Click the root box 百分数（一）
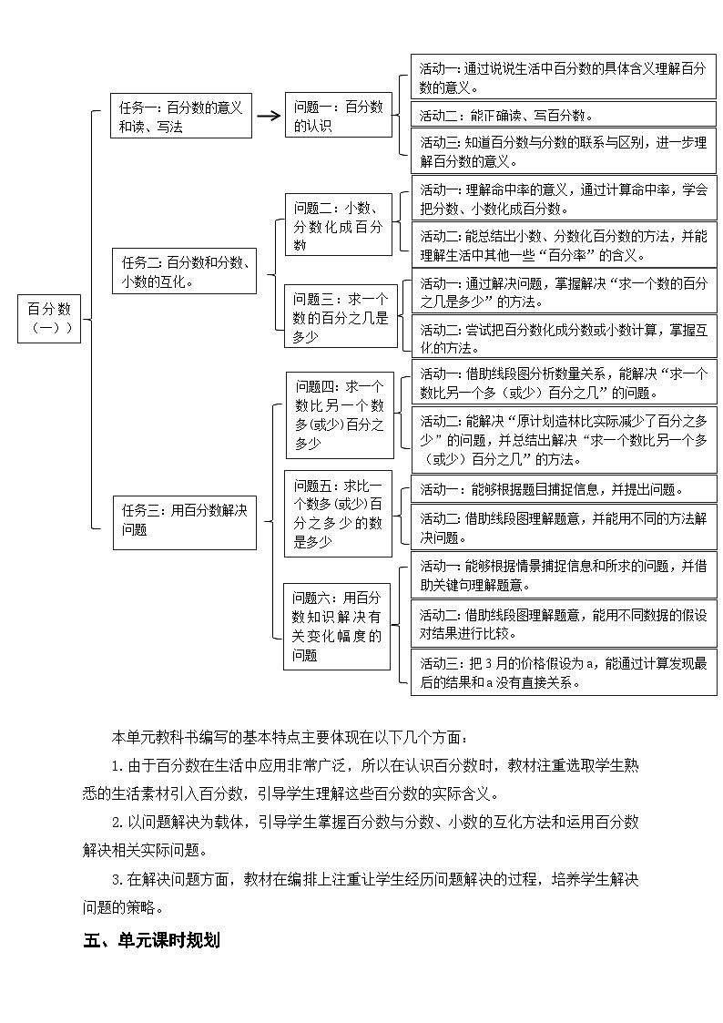pyautogui.click(x=49, y=319)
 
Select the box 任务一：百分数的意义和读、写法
pyautogui.click(x=181, y=117)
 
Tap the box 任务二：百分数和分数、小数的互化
pyautogui.click(x=185, y=271)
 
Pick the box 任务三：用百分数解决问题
pyautogui.click(x=185, y=521)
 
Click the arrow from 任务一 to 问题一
pyautogui.click(x=268, y=116)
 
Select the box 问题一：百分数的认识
pyautogui.click(x=338, y=117)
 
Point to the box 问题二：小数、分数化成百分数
pyautogui.click(x=338, y=225)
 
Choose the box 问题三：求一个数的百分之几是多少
pyautogui.click(x=341, y=317)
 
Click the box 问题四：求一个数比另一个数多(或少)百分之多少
pyautogui.click(x=340, y=414)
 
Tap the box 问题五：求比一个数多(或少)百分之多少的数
pyautogui.click(x=338, y=513)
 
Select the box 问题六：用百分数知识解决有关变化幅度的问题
pyautogui.click(x=337, y=626)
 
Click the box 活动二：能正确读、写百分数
pyautogui.click(x=563, y=116)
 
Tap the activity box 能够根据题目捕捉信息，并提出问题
pyautogui.click(x=563, y=489)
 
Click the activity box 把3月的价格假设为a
pyautogui.click(x=563, y=672)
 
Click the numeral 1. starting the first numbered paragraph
pyautogui.click(x=117, y=766)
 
